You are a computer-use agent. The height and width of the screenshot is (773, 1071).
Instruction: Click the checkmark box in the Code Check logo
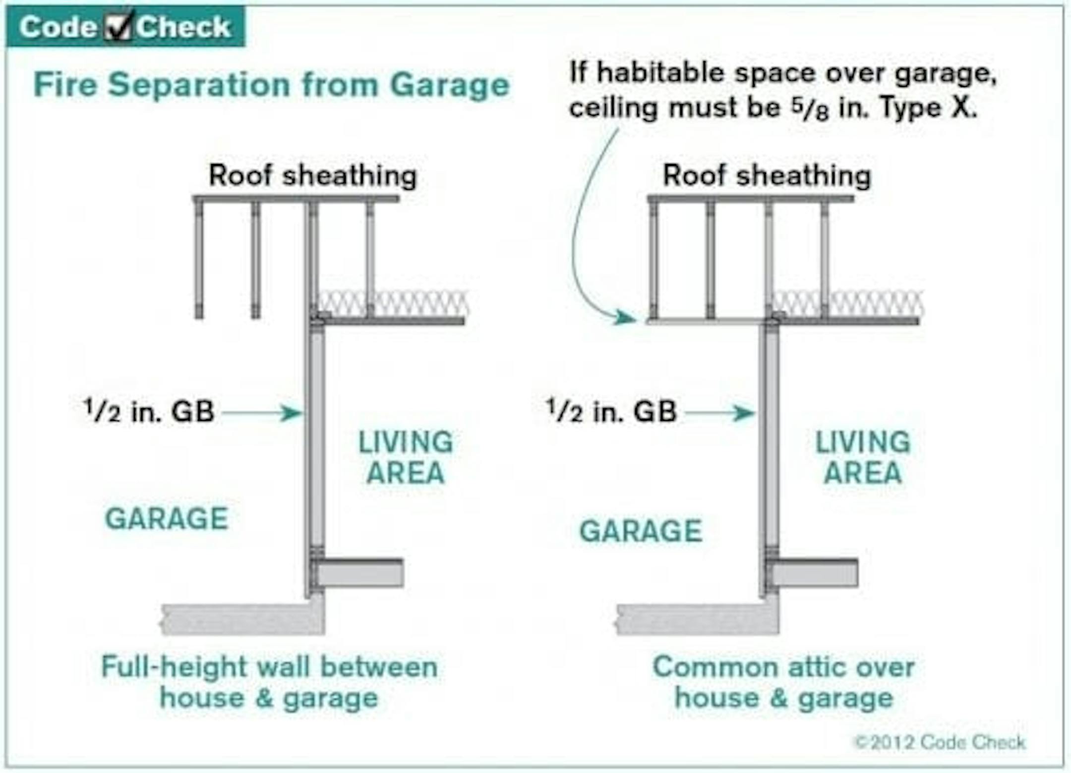point(118,26)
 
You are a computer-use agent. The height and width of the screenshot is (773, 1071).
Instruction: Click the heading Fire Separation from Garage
point(271,85)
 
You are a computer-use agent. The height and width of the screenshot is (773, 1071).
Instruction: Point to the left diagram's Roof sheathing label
point(312,175)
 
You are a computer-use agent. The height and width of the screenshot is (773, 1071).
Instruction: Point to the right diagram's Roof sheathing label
point(767,175)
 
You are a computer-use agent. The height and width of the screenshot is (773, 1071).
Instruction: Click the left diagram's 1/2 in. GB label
point(149,412)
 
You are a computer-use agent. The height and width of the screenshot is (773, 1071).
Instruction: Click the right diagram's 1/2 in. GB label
point(611,412)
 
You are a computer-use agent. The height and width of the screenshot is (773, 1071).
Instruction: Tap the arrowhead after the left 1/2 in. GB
point(291,412)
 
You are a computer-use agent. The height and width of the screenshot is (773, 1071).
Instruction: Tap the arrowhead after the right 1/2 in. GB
point(745,412)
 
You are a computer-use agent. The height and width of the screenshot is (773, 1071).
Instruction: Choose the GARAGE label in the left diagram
point(167,519)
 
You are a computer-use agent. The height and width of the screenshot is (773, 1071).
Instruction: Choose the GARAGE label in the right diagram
point(641,531)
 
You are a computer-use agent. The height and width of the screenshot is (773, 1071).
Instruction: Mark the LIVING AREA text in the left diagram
point(406,457)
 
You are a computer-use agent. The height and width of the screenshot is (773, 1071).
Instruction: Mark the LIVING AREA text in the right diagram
point(863,457)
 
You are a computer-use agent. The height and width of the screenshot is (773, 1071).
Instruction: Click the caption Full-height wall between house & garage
point(269,682)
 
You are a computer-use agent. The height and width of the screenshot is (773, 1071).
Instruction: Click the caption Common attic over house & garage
point(783,682)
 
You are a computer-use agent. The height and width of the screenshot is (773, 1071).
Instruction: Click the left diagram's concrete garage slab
point(238,619)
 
